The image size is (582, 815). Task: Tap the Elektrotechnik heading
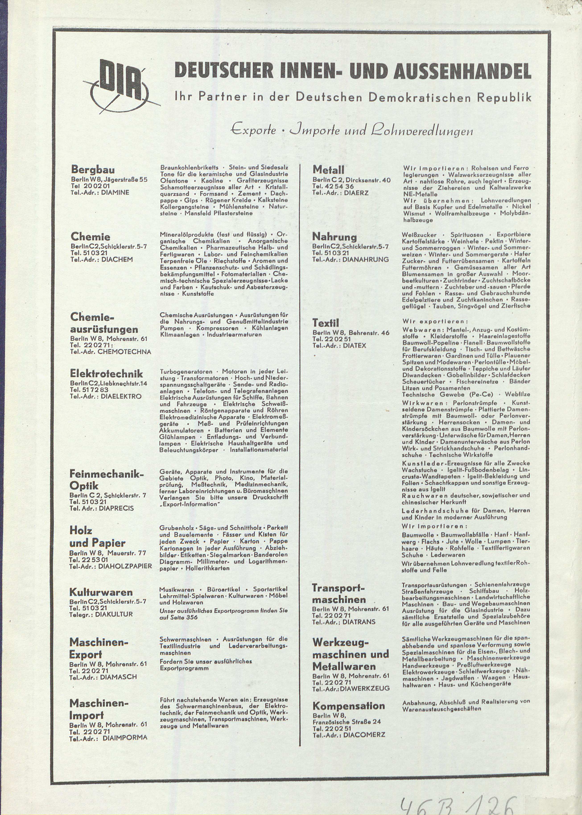(x=106, y=374)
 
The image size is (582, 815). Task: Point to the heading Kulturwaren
(x=101, y=592)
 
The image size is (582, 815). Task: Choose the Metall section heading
(x=328, y=169)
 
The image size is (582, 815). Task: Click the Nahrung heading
(x=334, y=237)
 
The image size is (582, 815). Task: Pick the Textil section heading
(x=325, y=323)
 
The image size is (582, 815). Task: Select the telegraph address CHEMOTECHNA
(x=124, y=352)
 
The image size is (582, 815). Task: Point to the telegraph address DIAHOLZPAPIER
(x=125, y=566)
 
